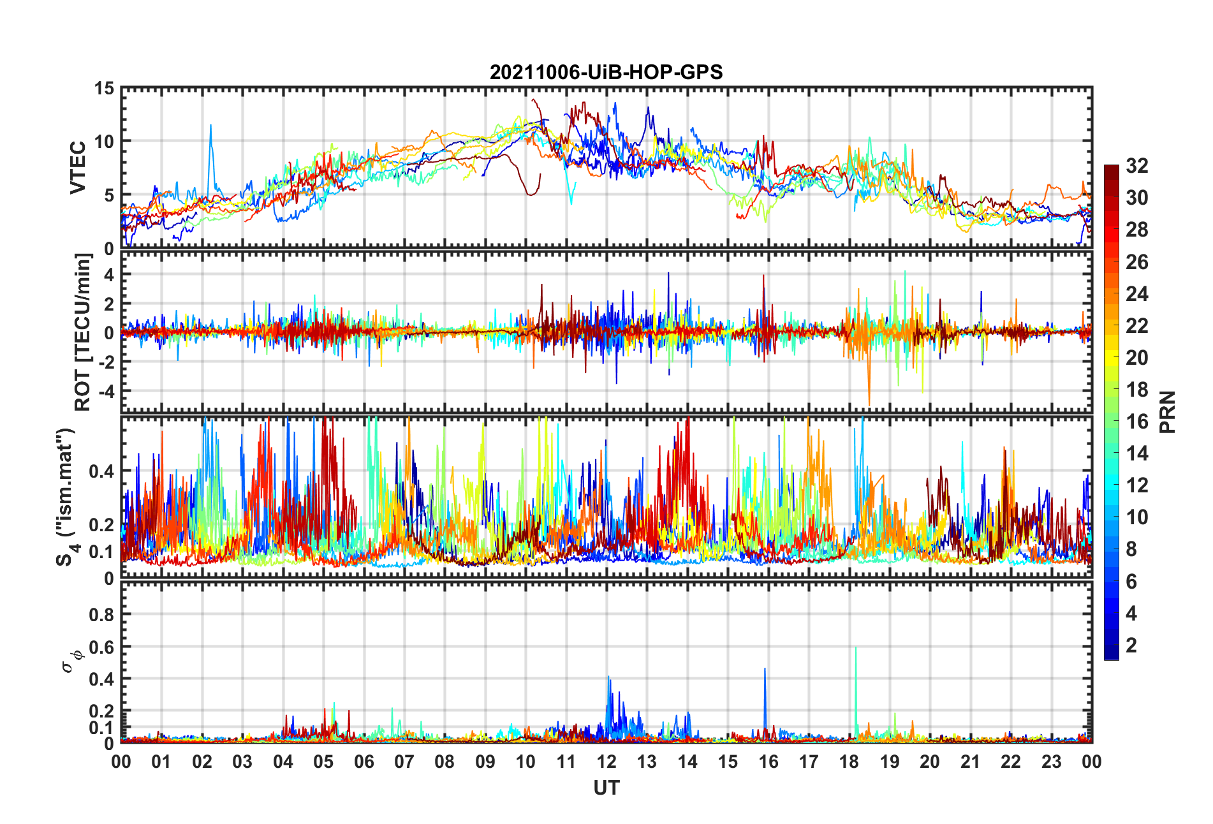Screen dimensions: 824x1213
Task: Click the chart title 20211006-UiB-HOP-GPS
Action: tap(606, 72)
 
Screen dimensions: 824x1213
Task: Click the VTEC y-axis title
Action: tap(77, 168)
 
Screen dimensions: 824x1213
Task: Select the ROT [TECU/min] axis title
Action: tap(83, 332)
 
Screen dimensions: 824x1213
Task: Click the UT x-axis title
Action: tap(606, 788)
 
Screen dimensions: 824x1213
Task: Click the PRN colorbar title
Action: tap(1167, 412)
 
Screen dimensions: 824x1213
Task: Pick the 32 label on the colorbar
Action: tap(1136, 166)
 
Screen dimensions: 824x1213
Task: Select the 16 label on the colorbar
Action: tap(1136, 422)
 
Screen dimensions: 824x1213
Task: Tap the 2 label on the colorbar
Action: tap(1131, 645)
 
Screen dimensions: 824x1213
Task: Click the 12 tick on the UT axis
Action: tap(606, 761)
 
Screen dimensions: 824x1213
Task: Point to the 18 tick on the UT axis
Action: tap(849, 761)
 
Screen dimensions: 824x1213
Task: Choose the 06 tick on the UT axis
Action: tap(364, 761)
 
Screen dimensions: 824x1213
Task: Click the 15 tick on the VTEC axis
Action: tap(104, 89)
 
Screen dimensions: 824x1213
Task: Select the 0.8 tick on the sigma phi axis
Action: tap(101, 615)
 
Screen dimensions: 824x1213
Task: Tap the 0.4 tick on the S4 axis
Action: tap(101, 471)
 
